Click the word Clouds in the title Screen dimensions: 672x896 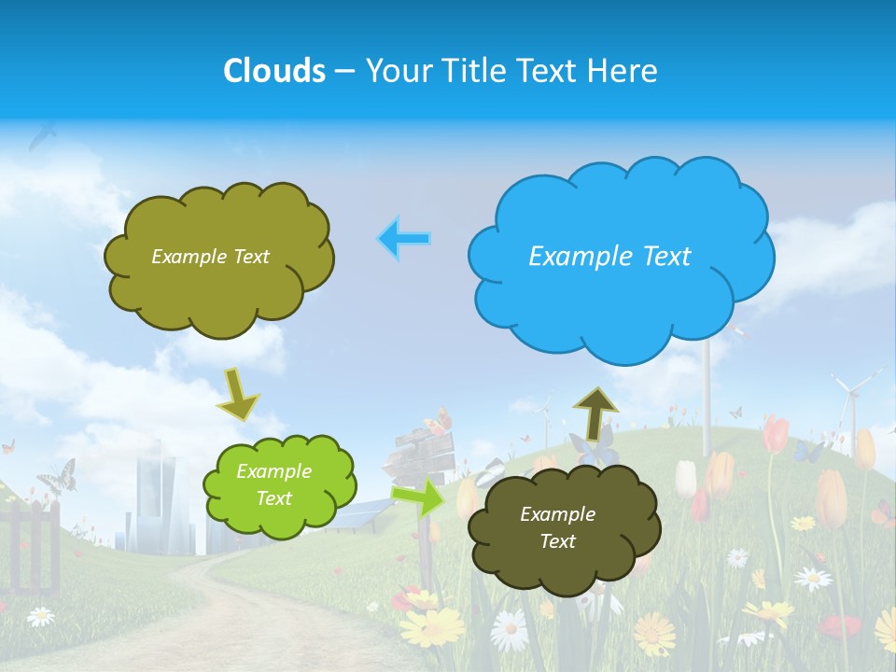274,71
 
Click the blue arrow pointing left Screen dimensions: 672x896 403,239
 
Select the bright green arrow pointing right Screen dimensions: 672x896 419,497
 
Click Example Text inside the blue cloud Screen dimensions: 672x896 609,256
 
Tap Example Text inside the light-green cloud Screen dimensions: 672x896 273,484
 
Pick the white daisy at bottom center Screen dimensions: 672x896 510,630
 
